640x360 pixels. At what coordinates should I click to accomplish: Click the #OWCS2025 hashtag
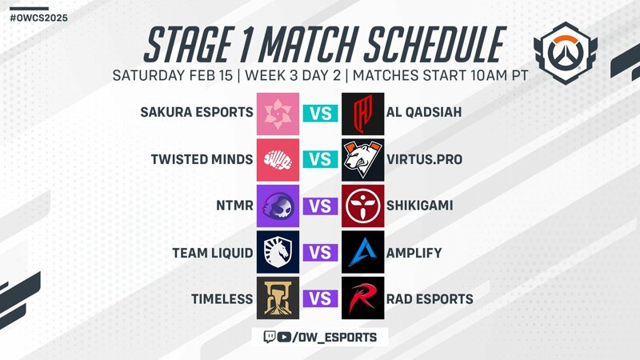[38, 18]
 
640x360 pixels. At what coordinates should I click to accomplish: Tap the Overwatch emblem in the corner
[566, 53]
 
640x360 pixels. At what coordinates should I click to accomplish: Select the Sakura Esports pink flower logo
[278, 114]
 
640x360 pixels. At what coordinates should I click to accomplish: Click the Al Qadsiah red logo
[363, 114]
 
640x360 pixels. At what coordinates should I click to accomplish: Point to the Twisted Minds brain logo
[278, 159]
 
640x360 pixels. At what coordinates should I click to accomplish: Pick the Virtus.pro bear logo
[363, 159]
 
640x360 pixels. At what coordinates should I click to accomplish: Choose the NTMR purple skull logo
[278, 206]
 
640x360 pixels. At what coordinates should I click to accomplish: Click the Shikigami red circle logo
[363, 206]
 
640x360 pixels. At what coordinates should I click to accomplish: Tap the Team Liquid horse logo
[278, 252]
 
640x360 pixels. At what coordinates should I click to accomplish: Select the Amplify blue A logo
[363, 252]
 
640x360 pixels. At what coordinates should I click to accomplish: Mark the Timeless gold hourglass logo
[278, 298]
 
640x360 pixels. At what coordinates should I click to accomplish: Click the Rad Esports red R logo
[363, 298]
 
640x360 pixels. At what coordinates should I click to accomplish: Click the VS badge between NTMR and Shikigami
[321, 206]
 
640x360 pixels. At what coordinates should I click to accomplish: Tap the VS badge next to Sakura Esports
[321, 114]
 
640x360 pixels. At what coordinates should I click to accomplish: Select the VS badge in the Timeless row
[321, 298]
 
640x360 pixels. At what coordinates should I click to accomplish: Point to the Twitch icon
[270, 337]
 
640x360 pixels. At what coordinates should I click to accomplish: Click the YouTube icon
[284, 337]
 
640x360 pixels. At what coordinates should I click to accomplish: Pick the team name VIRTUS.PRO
[425, 159]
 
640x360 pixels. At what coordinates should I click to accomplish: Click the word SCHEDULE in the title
[434, 44]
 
